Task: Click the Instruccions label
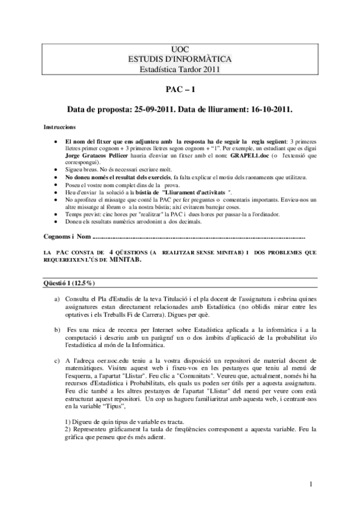coord(59,128)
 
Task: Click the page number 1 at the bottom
coord(311,483)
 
